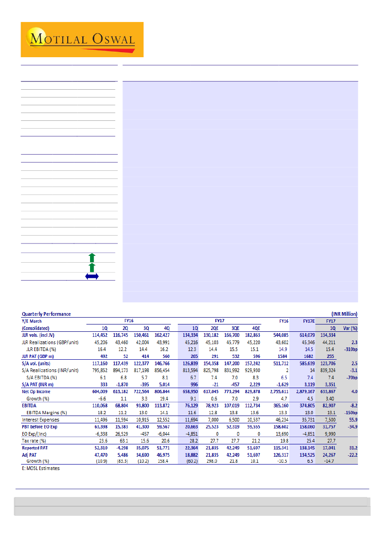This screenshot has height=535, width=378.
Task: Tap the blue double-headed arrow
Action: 92,276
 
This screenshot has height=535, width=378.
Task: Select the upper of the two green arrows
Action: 92,257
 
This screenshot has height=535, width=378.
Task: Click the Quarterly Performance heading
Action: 46,314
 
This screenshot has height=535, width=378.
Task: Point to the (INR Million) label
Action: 344,314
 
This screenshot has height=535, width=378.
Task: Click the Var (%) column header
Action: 350,328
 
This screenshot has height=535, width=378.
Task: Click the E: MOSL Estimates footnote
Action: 41,468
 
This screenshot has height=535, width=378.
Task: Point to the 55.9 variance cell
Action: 353,420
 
